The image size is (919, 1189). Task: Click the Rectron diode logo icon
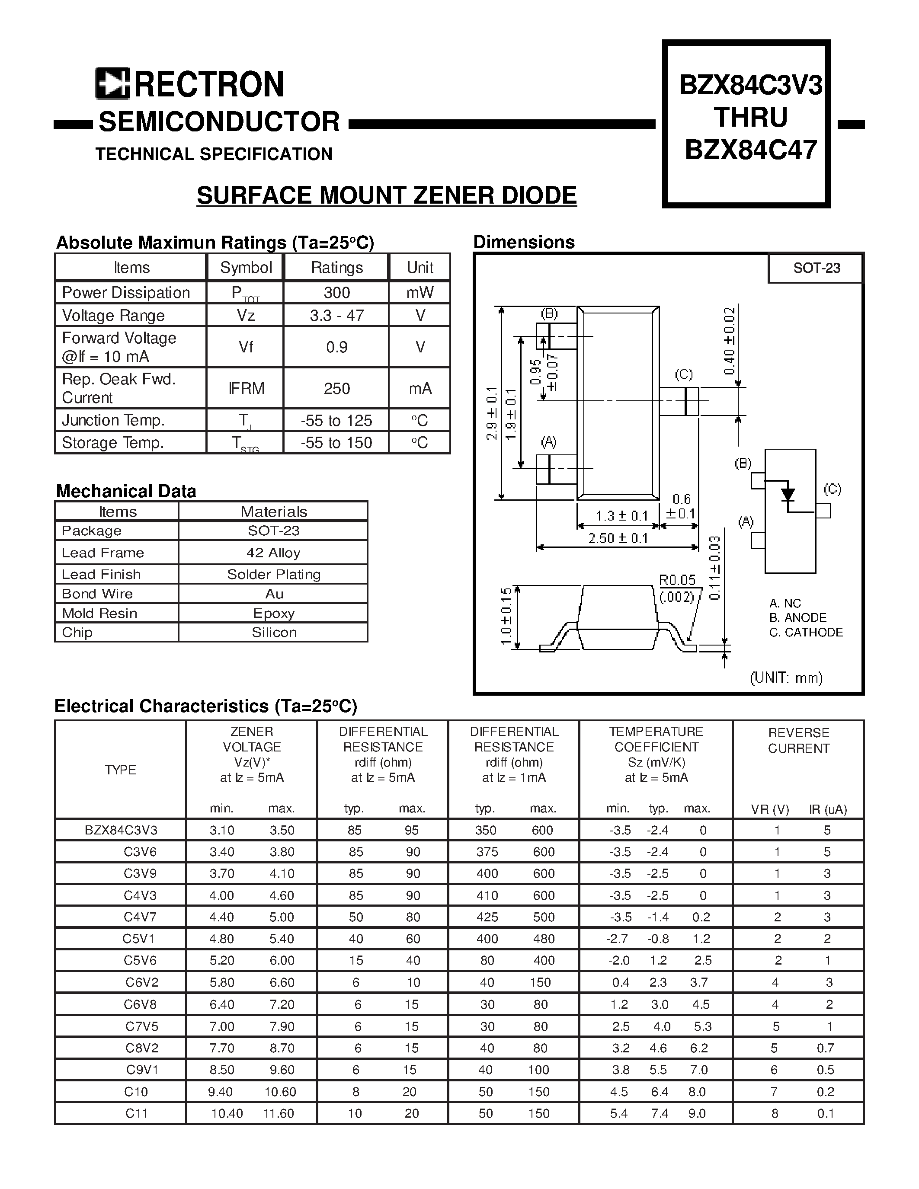click(112, 83)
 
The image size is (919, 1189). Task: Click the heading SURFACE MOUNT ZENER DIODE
click(387, 195)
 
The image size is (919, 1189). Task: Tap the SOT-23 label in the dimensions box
click(816, 268)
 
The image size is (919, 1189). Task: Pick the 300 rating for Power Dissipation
click(336, 292)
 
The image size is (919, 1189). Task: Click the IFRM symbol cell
click(246, 388)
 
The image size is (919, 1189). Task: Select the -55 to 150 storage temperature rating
click(336, 443)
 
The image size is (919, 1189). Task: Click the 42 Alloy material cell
click(273, 553)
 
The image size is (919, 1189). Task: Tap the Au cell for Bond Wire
click(274, 593)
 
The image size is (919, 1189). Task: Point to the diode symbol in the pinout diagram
click(787, 494)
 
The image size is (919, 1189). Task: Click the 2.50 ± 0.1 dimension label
click(618, 538)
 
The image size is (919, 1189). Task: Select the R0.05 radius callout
click(677, 580)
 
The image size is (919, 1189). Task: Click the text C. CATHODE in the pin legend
click(806, 632)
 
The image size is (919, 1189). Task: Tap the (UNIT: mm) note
click(786, 677)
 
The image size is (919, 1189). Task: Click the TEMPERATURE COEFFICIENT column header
click(656, 739)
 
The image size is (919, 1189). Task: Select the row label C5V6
click(140, 960)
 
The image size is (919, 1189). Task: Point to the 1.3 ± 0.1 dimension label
click(621, 515)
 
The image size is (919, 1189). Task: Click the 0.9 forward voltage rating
click(336, 347)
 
